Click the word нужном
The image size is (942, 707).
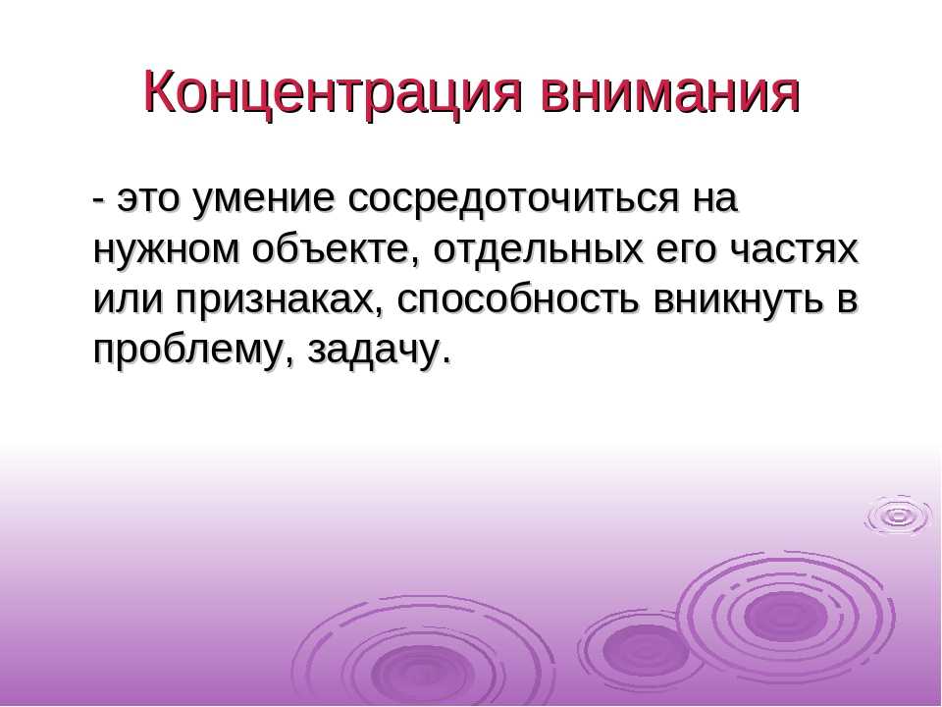tap(166, 249)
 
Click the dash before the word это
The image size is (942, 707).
tap(100, 200)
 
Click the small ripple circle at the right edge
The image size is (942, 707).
tap(898, 516)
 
